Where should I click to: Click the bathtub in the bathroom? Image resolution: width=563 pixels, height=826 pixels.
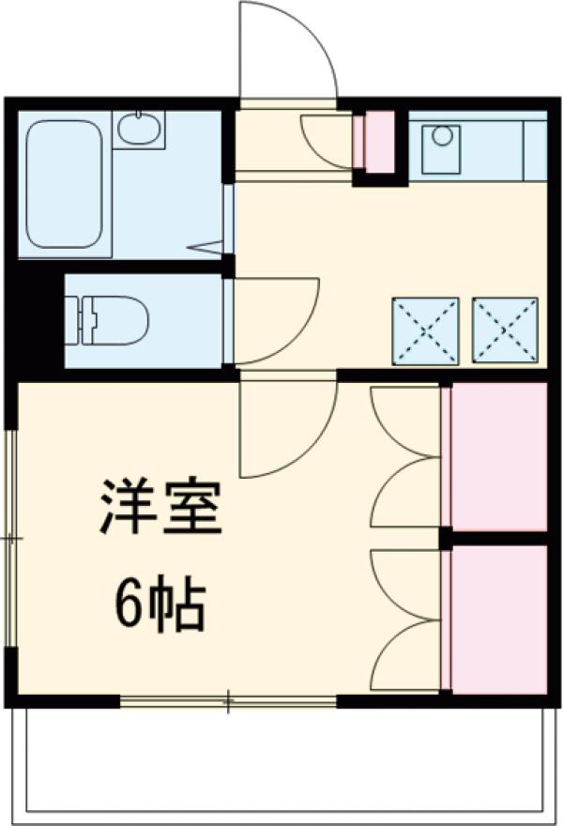64,184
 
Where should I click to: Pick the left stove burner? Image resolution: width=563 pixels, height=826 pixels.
425,330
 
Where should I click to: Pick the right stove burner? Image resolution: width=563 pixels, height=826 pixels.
506,330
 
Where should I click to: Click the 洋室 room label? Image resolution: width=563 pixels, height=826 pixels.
160,507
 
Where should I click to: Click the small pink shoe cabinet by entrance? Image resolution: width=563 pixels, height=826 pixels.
379,142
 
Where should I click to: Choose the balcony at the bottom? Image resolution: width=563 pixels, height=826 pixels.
281,760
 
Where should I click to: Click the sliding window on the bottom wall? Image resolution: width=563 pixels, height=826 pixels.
228,701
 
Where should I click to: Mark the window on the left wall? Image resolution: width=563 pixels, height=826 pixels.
11,539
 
